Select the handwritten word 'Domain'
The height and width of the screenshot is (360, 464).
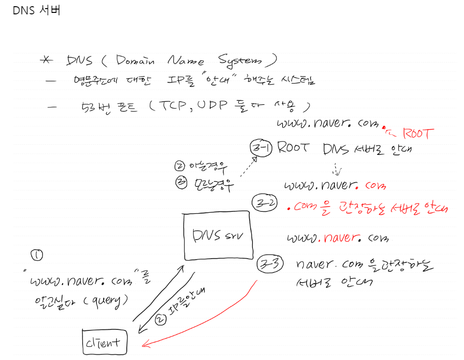point(135,61)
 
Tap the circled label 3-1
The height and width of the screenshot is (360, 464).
point(261,148)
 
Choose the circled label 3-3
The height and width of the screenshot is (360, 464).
point(270,263)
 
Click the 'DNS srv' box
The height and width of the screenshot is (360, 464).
point(219,236)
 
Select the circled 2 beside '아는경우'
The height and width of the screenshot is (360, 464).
point(180,166)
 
